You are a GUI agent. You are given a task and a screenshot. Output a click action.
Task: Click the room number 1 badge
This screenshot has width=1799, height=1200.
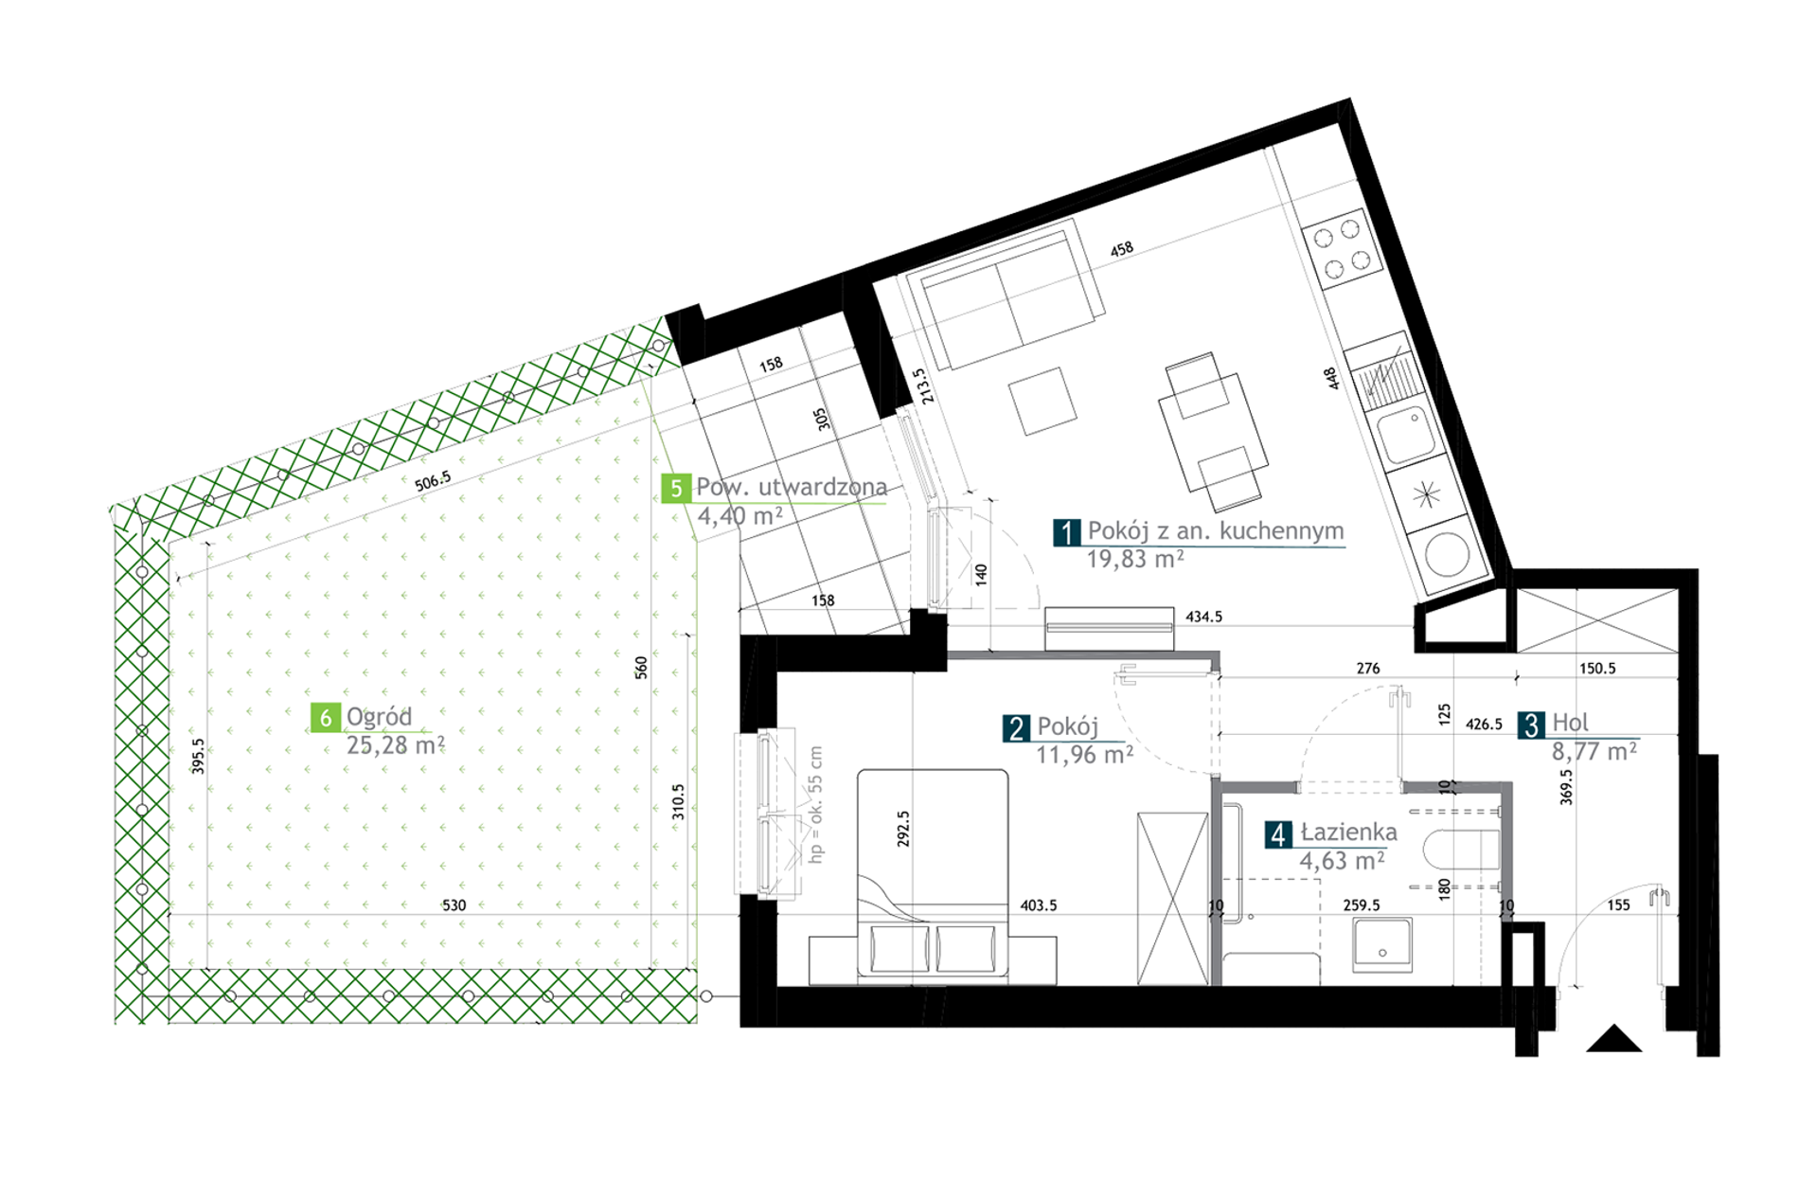(1067, 532)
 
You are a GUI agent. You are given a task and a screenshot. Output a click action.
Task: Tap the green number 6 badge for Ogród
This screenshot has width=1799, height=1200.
(325, 718)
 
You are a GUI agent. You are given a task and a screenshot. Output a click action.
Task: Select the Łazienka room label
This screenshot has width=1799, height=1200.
(1348, 833)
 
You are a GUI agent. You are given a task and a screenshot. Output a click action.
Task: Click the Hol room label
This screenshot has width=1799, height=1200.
(1570, 723)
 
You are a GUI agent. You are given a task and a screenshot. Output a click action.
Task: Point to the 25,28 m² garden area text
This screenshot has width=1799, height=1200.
(395, 745)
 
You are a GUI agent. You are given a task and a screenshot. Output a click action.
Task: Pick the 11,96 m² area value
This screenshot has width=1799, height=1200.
(1084, 755)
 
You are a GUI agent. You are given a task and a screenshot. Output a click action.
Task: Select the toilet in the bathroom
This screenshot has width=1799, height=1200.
(1462, 850)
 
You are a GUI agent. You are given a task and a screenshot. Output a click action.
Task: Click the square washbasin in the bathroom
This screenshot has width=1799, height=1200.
(1382, 944)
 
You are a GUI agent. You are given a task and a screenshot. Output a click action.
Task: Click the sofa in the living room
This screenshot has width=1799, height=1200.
(1006, 294)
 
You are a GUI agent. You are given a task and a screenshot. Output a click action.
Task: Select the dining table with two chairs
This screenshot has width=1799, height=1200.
(1214, 432)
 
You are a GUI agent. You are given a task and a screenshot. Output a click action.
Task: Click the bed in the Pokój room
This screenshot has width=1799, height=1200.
(933, 873)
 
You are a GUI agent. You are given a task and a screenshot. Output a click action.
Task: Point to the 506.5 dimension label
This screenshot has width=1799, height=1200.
(433, 481)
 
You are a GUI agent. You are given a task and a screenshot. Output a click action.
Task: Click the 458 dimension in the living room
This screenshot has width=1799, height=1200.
(1121, 249)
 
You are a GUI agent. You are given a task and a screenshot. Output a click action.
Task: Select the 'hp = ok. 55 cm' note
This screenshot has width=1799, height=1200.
(815, 805)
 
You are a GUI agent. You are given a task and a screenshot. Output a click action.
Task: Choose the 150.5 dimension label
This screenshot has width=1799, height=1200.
(1597, 669)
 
